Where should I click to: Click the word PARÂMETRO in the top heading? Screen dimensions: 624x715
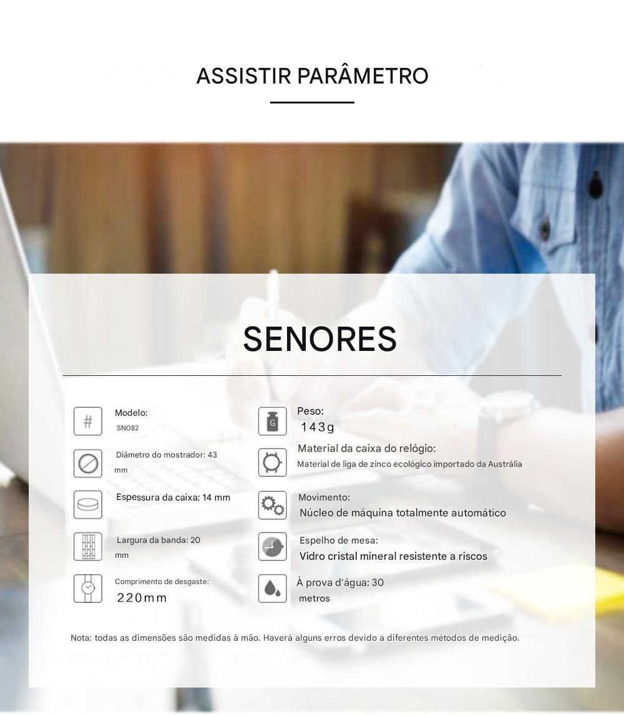[363, 75]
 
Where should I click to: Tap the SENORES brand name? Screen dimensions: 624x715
[319, 339]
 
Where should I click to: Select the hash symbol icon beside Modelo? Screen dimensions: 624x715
[87, 421]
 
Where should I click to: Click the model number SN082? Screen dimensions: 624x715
[127, 428]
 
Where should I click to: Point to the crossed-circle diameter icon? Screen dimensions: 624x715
[87, 463]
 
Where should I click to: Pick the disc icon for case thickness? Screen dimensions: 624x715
[87, 504]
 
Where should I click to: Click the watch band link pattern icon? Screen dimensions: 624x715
[87, 546]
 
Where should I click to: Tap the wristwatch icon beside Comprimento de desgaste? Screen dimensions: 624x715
[87, 588]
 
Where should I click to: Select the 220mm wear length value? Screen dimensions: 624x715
[142, 598]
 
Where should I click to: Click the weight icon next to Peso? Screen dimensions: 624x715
[273, 421]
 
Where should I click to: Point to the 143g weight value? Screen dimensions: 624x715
[318, 427]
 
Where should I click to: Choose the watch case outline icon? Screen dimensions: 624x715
[273, 463]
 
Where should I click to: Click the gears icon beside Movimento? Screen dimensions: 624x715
[273, 506]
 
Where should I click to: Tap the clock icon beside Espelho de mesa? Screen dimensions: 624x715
[273, 546]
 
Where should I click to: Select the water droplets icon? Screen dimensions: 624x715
[273, 588]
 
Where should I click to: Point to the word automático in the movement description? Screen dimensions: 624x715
[479, 512]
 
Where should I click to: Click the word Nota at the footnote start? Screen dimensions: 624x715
[80, 638]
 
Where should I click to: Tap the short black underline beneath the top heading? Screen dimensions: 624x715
[312, 102]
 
